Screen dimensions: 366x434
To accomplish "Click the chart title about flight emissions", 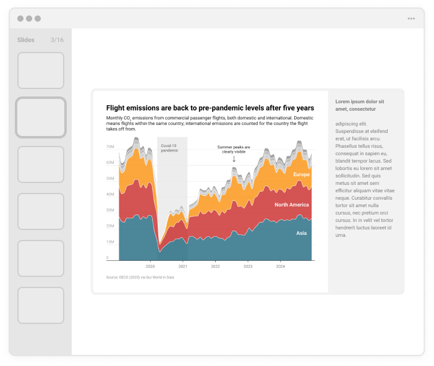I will [x=210, y=108].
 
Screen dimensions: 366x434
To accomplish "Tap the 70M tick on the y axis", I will [x=110, y=147].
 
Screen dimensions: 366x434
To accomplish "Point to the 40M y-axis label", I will [x=110, y=194].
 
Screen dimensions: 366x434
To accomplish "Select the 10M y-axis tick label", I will [x=110, y=242].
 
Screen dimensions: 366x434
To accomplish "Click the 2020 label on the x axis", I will [x=150, y=266].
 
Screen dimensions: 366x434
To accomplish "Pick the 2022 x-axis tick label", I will [x=215, y=266].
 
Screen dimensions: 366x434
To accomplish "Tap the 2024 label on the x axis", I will [x=280, y=266].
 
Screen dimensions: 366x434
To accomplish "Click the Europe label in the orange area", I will [x=302, y=175].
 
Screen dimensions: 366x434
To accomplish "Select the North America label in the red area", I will [x=292, y=205].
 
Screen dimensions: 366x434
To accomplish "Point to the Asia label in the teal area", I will [x=301, y=233].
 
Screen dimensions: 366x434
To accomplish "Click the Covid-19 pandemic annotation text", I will [x=169, y=148].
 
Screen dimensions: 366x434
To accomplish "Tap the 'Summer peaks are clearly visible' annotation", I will [x=234, y=149].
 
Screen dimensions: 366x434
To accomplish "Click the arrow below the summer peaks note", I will [x=234, y=159].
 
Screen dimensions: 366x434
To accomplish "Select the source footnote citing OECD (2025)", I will [x=140, y=278].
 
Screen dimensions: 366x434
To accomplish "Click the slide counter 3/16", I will [x=57, y=40].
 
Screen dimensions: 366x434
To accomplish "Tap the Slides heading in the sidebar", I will [x=26, y=40].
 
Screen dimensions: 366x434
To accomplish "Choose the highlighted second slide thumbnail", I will [x=41, y=117].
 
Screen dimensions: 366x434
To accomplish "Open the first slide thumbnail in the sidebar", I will [x=41, y=70].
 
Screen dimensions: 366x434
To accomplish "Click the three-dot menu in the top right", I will [x=411, y=19].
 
